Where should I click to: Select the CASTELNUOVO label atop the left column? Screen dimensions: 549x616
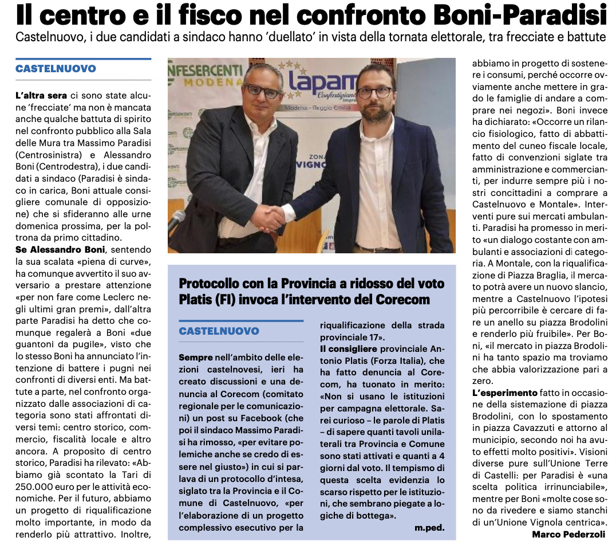(x=56, y=68)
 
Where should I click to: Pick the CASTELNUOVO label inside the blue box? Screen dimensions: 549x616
(x=219, y=331)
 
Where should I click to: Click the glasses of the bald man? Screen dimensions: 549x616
(x=262, y=91)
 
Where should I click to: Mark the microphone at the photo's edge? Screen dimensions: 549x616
(x=176, y=219)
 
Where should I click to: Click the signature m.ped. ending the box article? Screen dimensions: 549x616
(x=429, y=527)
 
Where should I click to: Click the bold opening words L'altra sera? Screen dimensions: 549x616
(x=41, y=95)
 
